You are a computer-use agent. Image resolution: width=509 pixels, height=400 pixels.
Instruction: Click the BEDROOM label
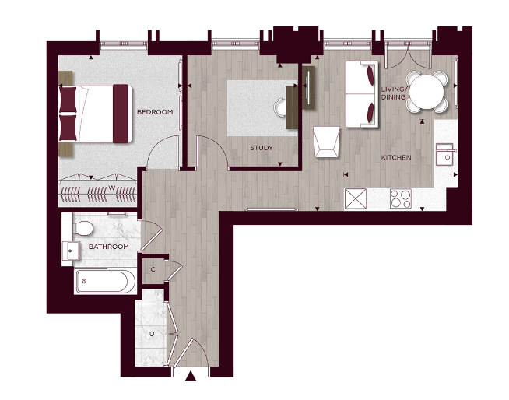(x=154, y=112)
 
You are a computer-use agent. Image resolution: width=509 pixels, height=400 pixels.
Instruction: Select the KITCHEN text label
(x=395, y=158)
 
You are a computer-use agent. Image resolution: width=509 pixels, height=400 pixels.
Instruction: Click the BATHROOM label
(x=108, y=247)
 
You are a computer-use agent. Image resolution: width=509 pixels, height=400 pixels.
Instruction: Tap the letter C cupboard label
(x=153, y=269)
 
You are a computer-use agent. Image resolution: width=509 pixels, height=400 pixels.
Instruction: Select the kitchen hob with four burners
(x=401, y=199)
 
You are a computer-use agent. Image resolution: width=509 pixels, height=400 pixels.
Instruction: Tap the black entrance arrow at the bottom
(x=191, y=379)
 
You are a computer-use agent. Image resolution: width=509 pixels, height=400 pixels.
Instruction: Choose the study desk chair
(x=281, y=105)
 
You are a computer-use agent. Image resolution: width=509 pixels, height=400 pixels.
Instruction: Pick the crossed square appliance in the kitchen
(x=357, y=199)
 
